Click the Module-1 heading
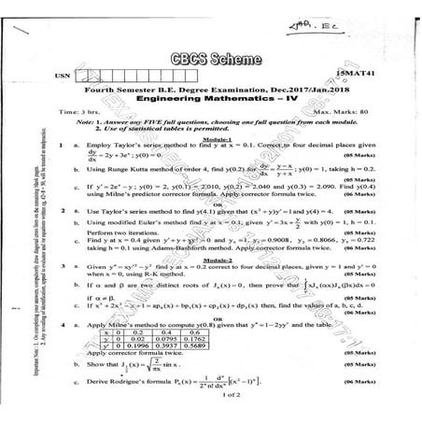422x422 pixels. click(x=217, y=136)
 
